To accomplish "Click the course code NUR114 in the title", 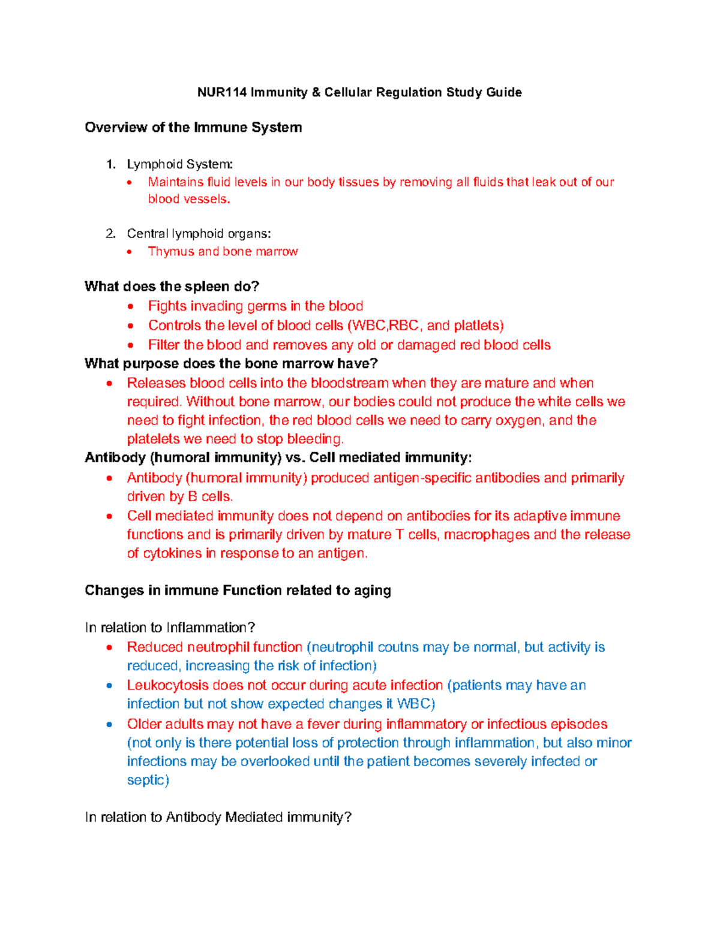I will click(x=222, y=92).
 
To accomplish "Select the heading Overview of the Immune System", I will click(x=193, y=127).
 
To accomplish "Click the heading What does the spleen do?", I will click(x=172, y=286).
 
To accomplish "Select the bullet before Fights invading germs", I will click(x=131, y=306).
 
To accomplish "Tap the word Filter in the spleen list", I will click(x=164, y=345).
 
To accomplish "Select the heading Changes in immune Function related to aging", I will click(x=238, y=590).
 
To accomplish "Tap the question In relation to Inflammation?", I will click(x=170, y=628).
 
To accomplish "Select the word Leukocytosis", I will click(x=167, y=685).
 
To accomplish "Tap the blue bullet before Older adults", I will click(x=109, y=724).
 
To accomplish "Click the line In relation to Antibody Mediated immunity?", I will click(x=218, y=817).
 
